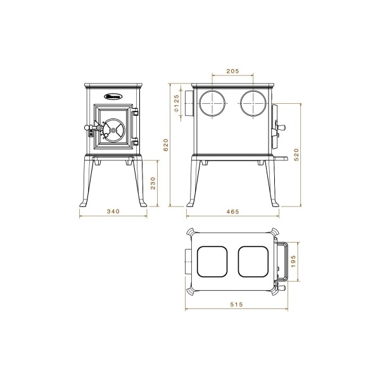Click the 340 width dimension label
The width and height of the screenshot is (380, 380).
pyautogui.click(x=114, y=212)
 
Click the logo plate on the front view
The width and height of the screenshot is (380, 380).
pyautogui.click(x=114, y=97)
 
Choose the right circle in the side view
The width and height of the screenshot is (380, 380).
pyautogui.click(x=253, y=103)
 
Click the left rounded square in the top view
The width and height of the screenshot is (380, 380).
pyautogui.click(x=213, y=262)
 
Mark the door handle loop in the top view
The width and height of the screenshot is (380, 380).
pyautogui.click(x=286, y=262)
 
